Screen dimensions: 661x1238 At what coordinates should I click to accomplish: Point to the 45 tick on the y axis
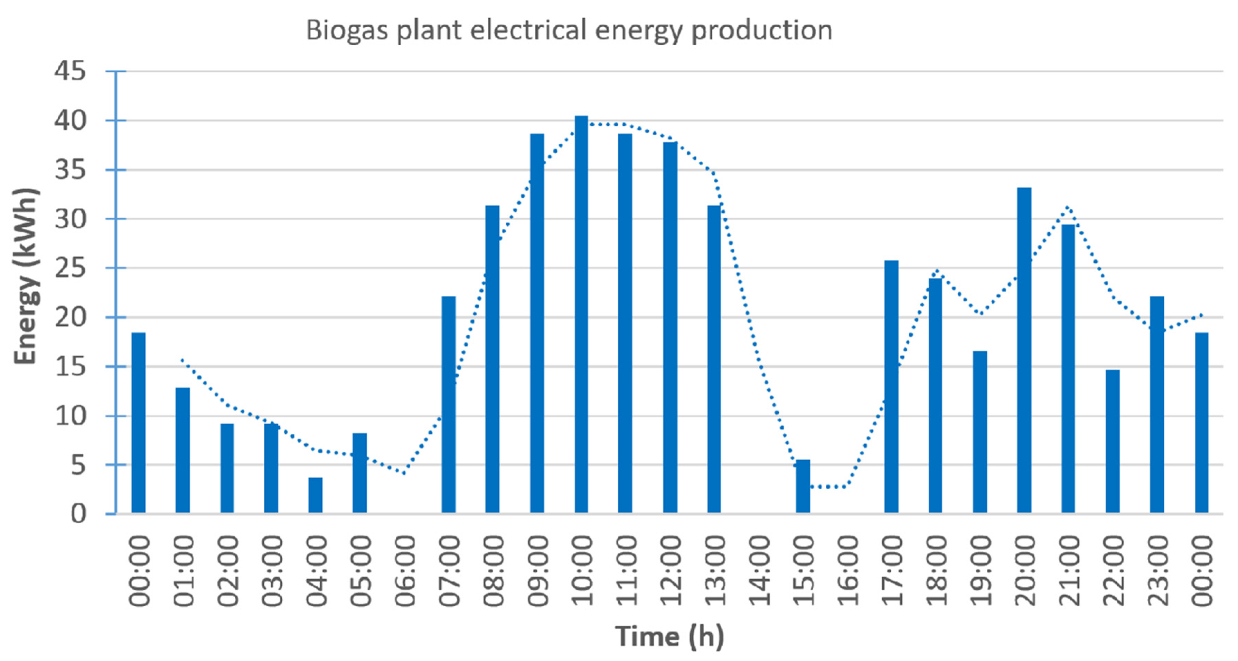[70, 71]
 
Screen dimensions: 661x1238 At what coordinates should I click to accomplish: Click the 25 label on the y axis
[70, 268]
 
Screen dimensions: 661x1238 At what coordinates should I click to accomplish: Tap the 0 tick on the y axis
[78, 514]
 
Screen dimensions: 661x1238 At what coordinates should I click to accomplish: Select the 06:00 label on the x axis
[405, 571]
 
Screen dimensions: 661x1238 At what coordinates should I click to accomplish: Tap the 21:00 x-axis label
[1068, 571]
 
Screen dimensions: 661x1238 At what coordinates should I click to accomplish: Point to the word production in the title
[762, 31]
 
